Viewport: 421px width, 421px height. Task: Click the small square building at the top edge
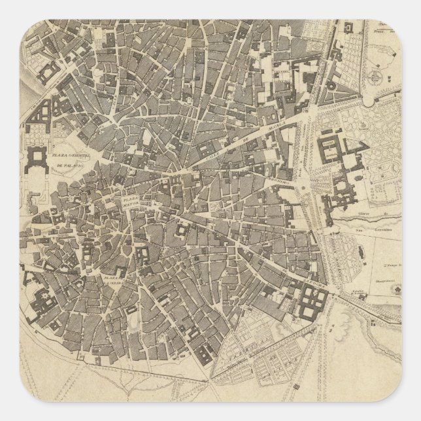point(347,27)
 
